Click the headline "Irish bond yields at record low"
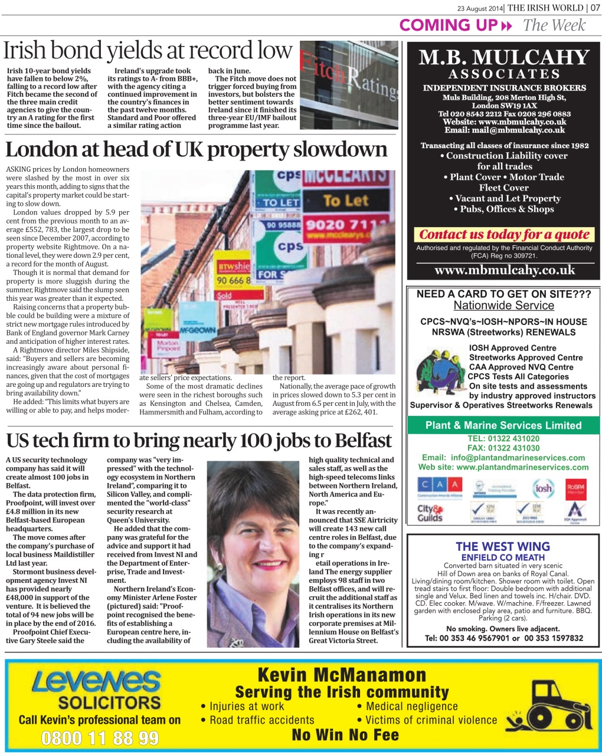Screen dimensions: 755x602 pyautogui.click(x=148, y=52)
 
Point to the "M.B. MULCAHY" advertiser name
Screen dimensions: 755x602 pyautogui.click(x=504, y=58)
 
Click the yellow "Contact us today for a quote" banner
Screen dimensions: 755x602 pyautogui.click(x=504, y=234)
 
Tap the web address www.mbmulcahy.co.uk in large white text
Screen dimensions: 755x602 pyautogui.click(x=504, y=270)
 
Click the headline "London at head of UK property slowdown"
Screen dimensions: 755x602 pyautogui.click(x=196, y=149)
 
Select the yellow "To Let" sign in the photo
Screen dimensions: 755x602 pyautogui.click(x=345, y=201)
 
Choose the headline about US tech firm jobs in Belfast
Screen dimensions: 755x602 pyautogui.click(x=199, y=441)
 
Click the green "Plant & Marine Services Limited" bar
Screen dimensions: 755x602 pyautogui.click(x=503, y=425)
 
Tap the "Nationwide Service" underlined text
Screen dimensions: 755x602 pyautogui.click(x=503, y=306)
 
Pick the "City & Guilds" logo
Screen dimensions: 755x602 pyautogui.click(x=430, y=513)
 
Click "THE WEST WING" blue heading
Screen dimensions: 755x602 pyautogui.click(x=503, y=547)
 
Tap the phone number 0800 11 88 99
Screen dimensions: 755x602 pyautogui.click(x=100, y=738)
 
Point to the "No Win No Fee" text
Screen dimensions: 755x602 pyautogui.click(x=345, y=735)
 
